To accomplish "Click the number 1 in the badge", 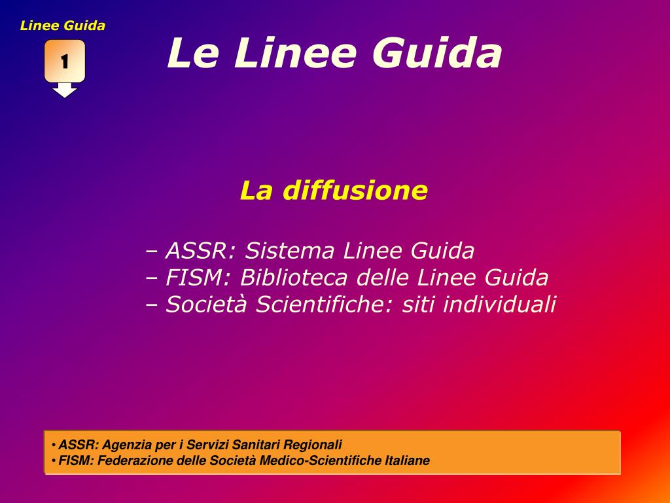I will click(x=65, y=62).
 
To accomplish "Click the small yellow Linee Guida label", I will click(x=63, y=26).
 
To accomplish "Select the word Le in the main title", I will click(x=192, y=53).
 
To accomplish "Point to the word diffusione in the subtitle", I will click(x=354, y=191).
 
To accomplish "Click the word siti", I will click(x=419, y=305).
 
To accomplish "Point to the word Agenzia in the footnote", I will click(x=124, y=444).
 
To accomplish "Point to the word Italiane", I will click(x=404, y=460).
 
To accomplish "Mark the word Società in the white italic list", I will click(x=207, y=305).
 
